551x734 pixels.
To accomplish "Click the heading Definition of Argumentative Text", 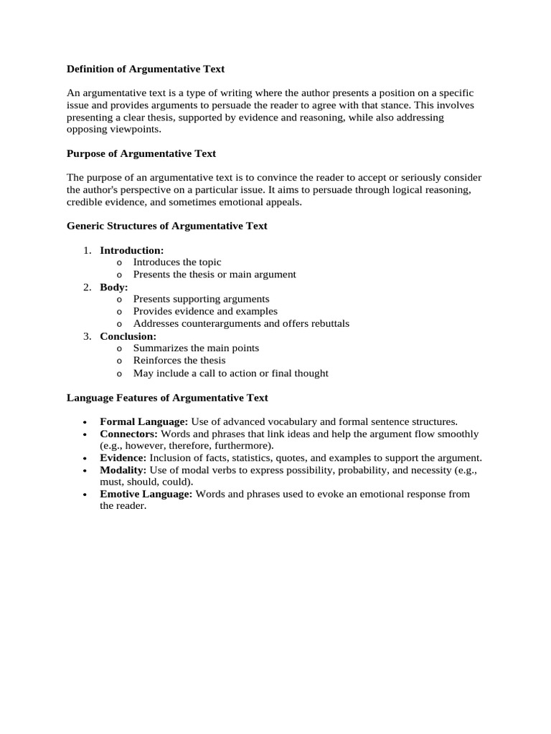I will click(146, 70).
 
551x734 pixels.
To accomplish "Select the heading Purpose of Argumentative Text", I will click(141, 153).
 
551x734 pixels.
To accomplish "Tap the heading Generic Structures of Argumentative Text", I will click(166, 226).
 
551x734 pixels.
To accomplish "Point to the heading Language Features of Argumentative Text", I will click(167, 397).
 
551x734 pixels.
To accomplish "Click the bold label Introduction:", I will click(132, 250).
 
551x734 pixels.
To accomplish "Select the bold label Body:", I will click(114, 287).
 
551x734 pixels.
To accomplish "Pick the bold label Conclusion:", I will click(128, 335).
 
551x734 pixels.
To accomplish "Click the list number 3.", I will click(87, 335).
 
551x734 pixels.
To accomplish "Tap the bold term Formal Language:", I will click(143, 421).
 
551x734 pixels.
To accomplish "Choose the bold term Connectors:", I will click(129, 434).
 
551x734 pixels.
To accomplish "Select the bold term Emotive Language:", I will click(146, 494).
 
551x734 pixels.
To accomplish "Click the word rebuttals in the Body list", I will click(328, 323).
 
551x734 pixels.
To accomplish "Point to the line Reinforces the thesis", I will click(179, 360).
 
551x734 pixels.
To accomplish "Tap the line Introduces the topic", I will click(177, 262).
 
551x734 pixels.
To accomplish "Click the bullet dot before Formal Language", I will click(85, 422).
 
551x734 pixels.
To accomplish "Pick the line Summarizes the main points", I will click(196, 348).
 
